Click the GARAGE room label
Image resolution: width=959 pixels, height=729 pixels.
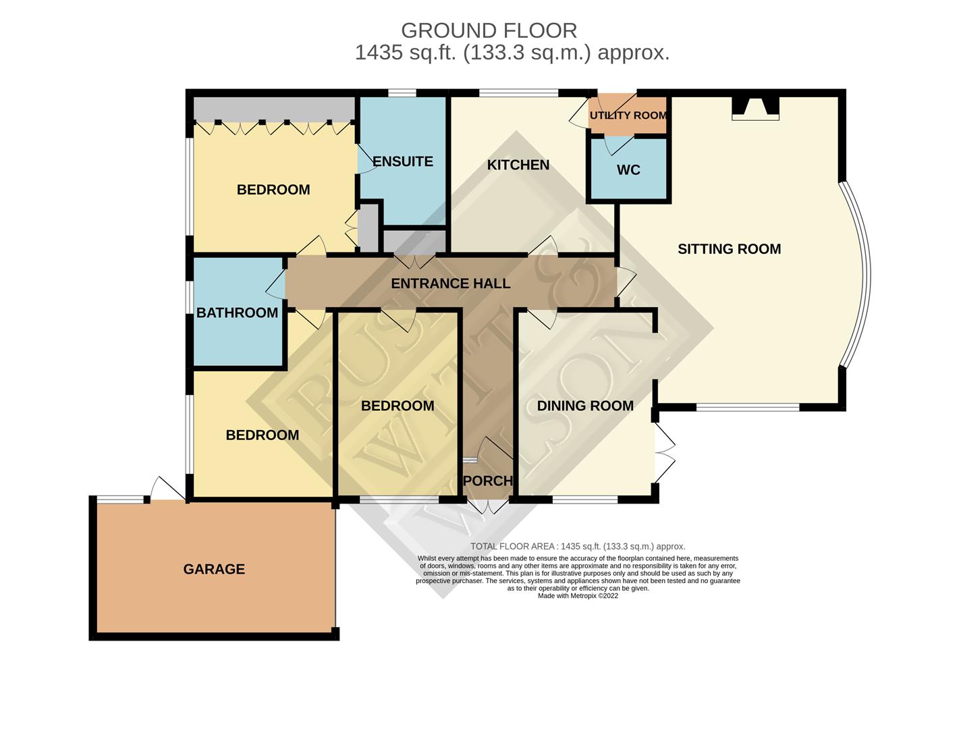[x=214, y=569]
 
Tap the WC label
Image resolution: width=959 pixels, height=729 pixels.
[x=628, y=169]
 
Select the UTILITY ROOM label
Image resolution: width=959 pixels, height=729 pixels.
[x=628, y=115]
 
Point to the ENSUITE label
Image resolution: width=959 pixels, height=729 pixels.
[x=403, y=161]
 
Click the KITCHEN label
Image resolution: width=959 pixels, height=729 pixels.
[x=518, y=165]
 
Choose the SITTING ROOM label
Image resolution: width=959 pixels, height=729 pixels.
[x=729, y=249]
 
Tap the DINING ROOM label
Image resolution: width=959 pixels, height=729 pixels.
[x=585, y=406]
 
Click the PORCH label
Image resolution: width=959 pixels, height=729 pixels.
[x=488, y=481]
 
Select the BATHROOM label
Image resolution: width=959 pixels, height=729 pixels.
[x=237, y=313]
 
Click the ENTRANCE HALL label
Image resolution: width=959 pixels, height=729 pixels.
[x=451, y=283]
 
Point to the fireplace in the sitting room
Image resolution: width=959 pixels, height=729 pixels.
[x=755, y=108]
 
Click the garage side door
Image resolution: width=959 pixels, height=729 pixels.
[x=165, y=489]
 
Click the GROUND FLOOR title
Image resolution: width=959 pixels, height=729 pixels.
[x=489, y=30]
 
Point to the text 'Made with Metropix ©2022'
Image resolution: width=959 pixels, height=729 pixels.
[x=578, y=596]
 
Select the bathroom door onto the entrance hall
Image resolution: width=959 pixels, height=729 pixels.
[x=277, y=288]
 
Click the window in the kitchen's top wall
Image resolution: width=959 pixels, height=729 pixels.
[x=518, y=92]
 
